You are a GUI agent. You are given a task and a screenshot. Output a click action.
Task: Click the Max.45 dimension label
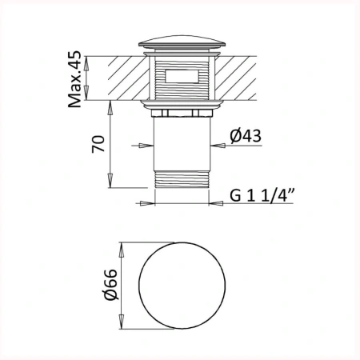(74, 79)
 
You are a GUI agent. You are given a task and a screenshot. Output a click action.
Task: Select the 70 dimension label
(98, 144)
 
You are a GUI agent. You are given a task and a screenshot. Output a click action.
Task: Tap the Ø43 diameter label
(246, 136)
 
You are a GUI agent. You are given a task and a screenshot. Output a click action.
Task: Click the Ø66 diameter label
(110, 284)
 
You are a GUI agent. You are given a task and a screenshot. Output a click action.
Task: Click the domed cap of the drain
(182, 42)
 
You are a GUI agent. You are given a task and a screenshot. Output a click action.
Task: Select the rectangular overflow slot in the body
(182, 76)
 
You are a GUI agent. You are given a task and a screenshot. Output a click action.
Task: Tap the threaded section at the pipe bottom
(182, 179)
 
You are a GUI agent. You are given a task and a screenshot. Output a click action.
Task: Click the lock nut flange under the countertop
(182, 105)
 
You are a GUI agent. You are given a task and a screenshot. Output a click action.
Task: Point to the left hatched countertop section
(129, 78)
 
